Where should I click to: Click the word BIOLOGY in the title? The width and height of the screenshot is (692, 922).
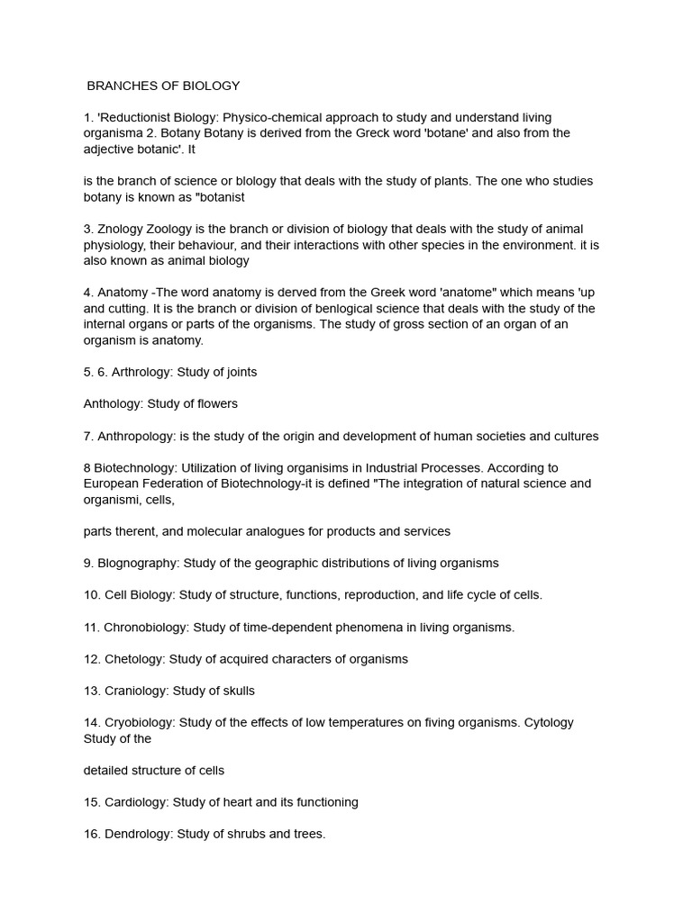point(211,86)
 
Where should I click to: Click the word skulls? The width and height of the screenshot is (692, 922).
point(237,691)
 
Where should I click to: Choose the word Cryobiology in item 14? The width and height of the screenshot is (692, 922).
point(141,723)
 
